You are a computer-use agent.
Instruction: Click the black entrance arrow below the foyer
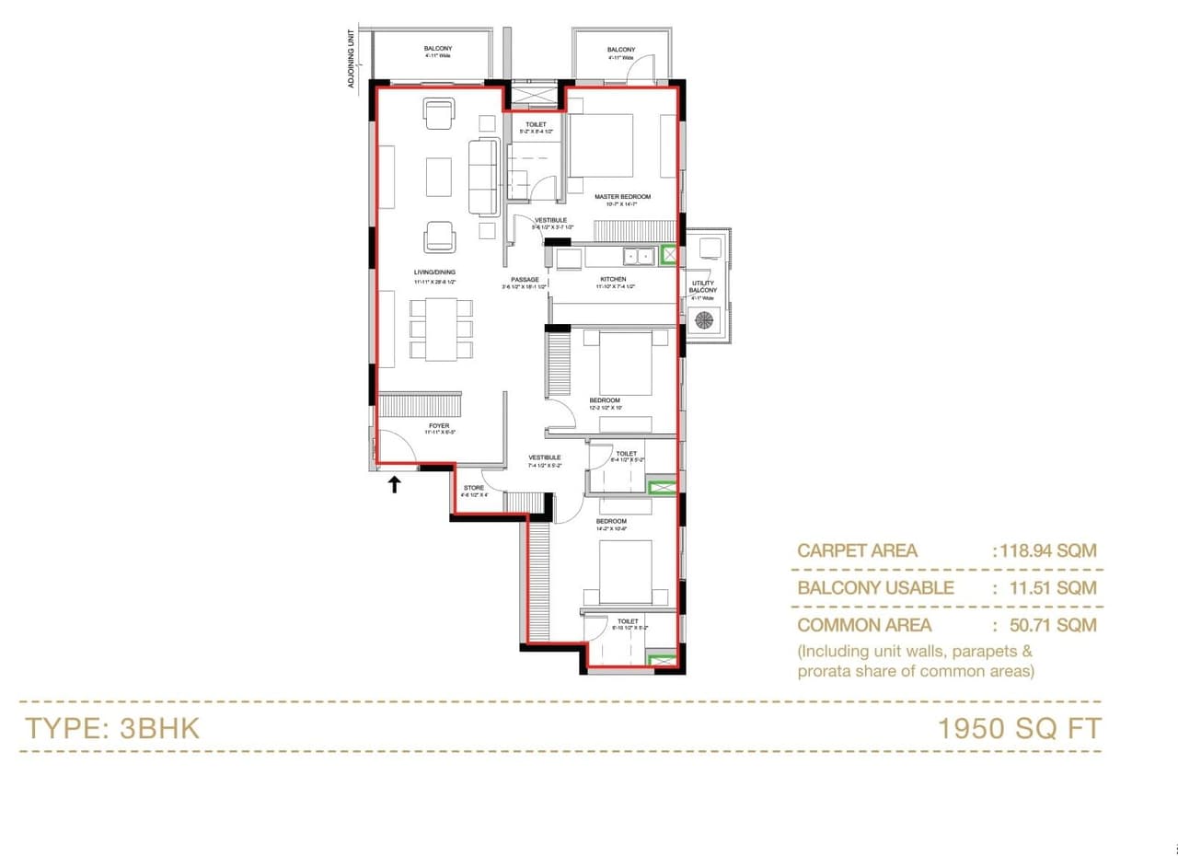(394, 483)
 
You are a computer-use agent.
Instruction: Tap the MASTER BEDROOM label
(622, 197)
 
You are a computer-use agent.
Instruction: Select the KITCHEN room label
(613, 279)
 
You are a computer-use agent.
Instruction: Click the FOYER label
(439, 426)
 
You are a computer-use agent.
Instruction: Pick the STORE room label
(473, 488)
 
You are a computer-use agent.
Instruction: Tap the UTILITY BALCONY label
(703, 286)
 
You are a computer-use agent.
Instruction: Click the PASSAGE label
(525, 279)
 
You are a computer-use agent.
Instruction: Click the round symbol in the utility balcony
(704, 320)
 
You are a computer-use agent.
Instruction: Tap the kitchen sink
(638, 256)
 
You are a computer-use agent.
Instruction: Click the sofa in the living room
(482, 175)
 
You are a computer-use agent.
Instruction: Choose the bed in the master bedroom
(600, 145)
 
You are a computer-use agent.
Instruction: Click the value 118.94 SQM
(1045, 551)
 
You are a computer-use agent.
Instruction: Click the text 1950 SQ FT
(1019, 728)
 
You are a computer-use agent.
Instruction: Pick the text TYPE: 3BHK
(111, 728)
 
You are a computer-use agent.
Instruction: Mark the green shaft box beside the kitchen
(670, 256)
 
